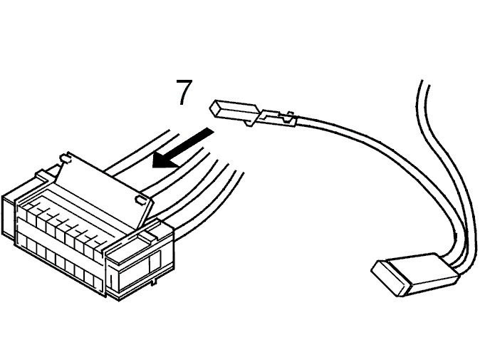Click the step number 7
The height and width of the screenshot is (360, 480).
coord(184,92)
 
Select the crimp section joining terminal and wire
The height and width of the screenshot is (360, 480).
coord(278,118)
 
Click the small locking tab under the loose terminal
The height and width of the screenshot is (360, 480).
coord(249,123)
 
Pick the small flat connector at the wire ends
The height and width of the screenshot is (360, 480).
coord(414,274)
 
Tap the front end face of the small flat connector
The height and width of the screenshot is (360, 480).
coord(391,279)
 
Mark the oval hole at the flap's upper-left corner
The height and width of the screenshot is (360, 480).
coord(65,158)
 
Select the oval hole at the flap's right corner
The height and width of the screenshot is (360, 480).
coord(140,200)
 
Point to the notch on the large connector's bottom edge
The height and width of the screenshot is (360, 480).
coord(155,281)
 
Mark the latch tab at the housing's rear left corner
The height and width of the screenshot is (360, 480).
coord(43,176)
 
